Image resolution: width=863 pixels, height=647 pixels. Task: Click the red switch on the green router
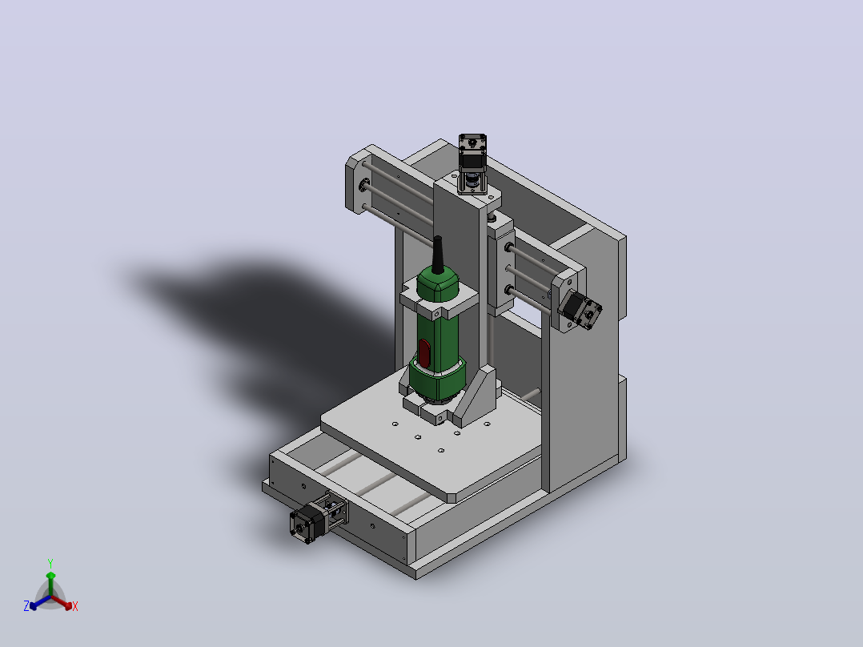(x=424, y=353)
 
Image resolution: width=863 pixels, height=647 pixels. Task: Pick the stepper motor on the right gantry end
(x=580, y=310)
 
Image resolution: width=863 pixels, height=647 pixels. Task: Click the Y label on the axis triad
(x=50, y=564)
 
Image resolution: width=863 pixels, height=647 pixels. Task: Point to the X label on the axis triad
(x=75, y=606)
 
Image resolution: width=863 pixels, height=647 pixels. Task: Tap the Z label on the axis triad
(x=26, y=606)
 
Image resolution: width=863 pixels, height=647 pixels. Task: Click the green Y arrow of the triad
(x=50, y=585)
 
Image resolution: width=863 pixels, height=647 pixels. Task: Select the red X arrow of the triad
(x=62, y=602)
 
